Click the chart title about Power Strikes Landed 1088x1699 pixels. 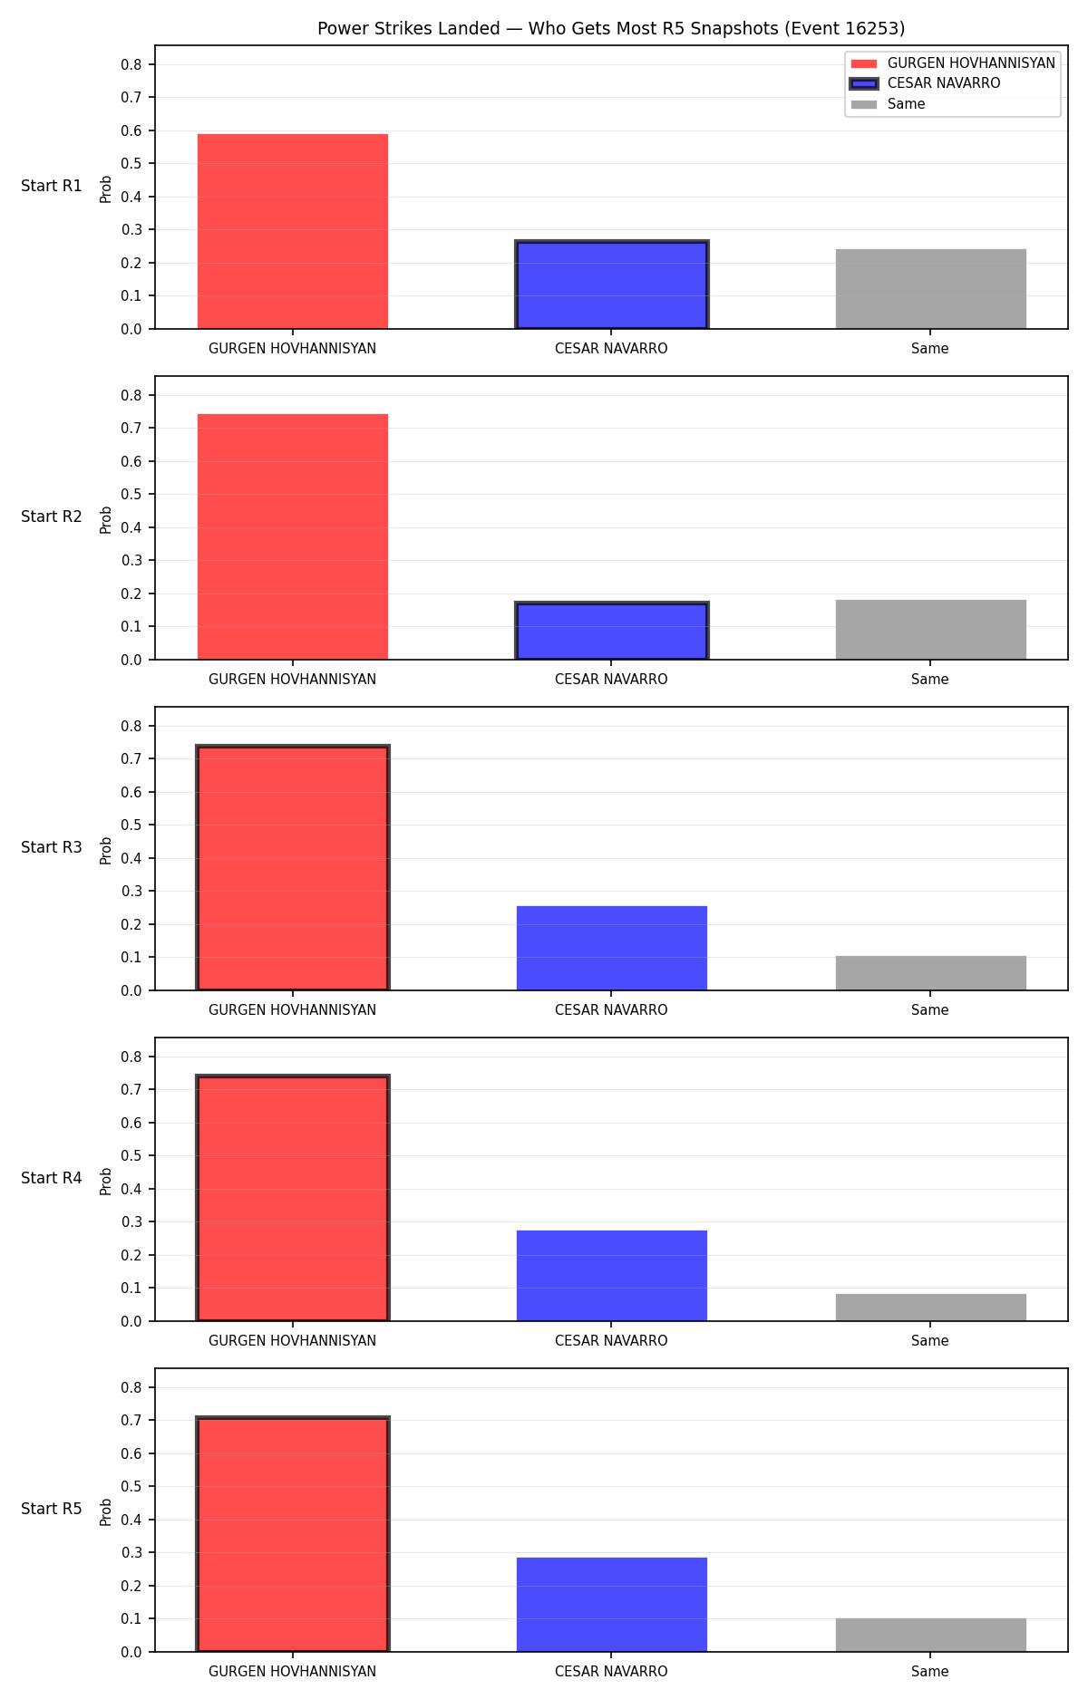(x=611, y=29)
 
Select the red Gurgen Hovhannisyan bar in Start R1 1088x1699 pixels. (x=293, y=231)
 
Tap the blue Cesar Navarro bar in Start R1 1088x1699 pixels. (x=612, y=285)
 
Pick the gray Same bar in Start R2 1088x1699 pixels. (x=931, y=630)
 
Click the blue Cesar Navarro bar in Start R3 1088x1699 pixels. (x=612, y=948)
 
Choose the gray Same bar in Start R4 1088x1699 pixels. (x=931, y=1308)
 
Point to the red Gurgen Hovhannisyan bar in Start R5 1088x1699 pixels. (x=293, y=1534)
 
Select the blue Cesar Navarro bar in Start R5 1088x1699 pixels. (x=612, y=1605)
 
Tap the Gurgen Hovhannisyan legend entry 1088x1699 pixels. (x=953, y=63)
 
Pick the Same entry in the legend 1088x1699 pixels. (x=889, y=104)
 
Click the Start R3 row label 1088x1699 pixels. (x=52, y=847)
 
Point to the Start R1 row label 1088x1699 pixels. (x=52, y=186)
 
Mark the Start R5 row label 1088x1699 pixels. (x=52, y=1509)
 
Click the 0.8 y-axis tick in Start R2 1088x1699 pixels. (x=131, y=395)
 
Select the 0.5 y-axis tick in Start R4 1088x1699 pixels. (x=131, y=1155)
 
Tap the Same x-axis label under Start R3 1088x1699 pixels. (x=930, y=1010)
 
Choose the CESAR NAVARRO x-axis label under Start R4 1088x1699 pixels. (x=611, y=1341)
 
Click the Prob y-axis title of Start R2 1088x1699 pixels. (x=106, y=519)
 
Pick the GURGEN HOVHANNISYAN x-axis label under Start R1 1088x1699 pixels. (x=292, y=349)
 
